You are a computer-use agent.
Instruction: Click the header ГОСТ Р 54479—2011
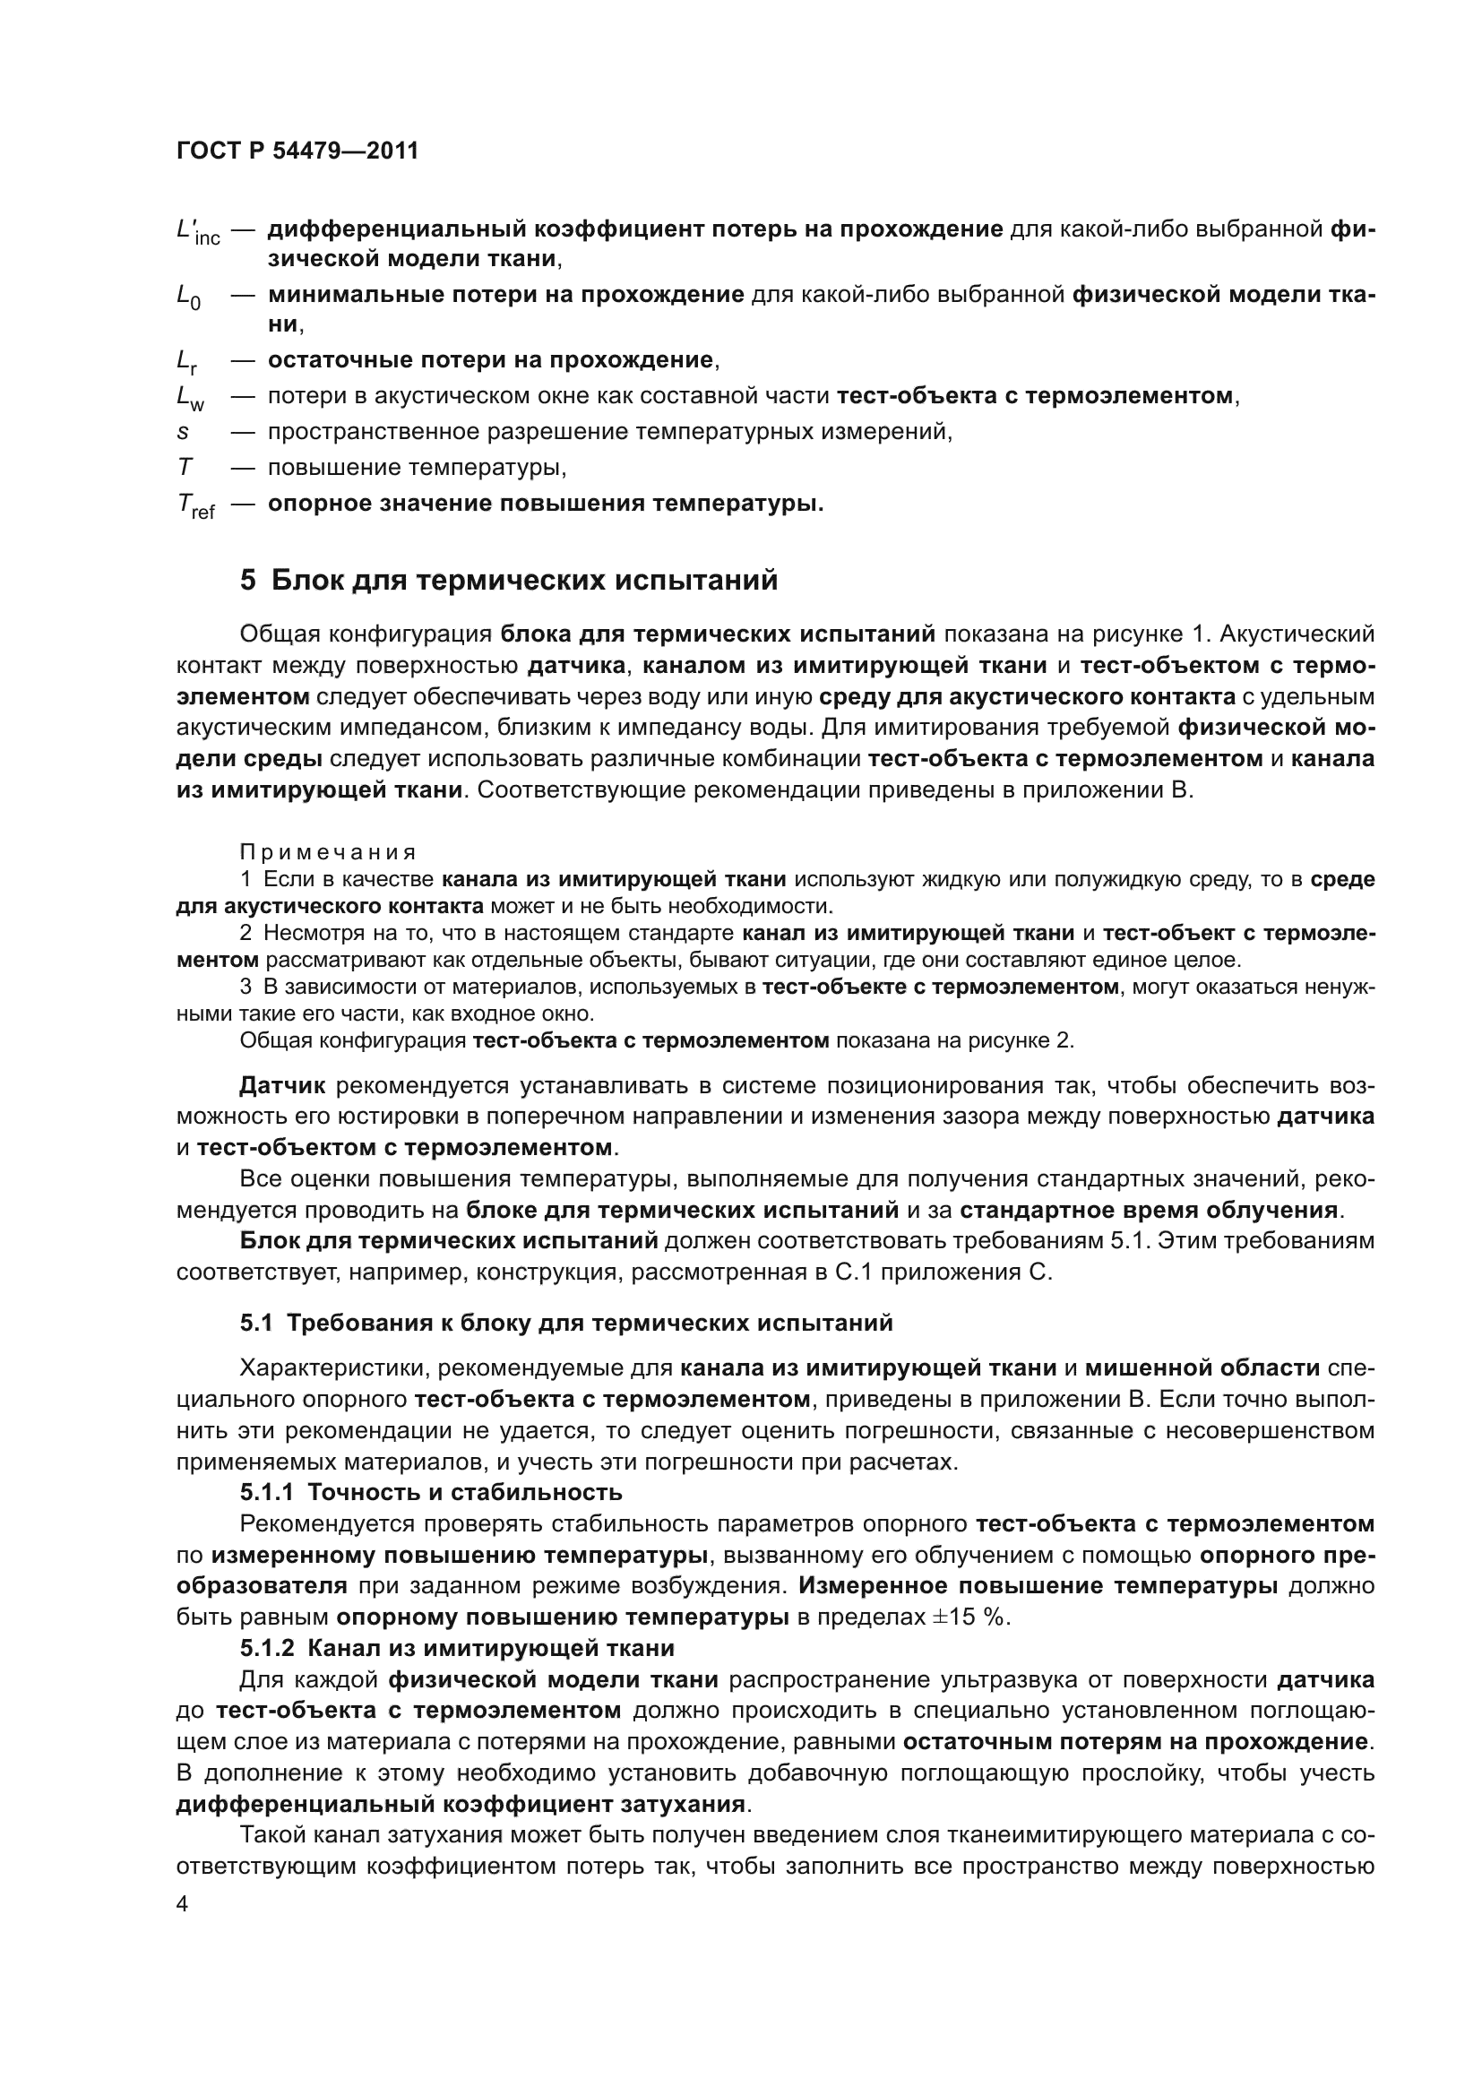[297, 151]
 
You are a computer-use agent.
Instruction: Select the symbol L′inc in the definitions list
[197, 232]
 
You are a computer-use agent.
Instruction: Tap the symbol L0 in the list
[188, 297]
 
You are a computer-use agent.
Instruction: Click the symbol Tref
[195, 505]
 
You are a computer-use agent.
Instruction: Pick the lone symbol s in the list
[182, 432]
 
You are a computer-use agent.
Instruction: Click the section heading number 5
[247, 581]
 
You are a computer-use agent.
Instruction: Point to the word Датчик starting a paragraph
[282, 1085]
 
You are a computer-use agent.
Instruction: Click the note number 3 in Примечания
[245, 987]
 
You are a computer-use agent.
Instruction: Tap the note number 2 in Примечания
[245, 933]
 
